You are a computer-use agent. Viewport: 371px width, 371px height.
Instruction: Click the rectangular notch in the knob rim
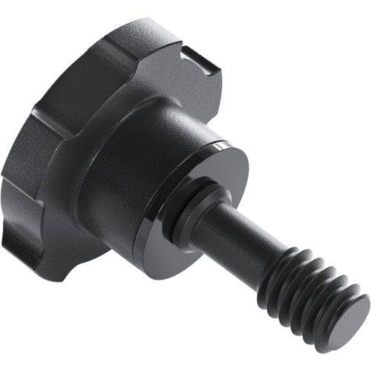[x=195, y=58]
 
